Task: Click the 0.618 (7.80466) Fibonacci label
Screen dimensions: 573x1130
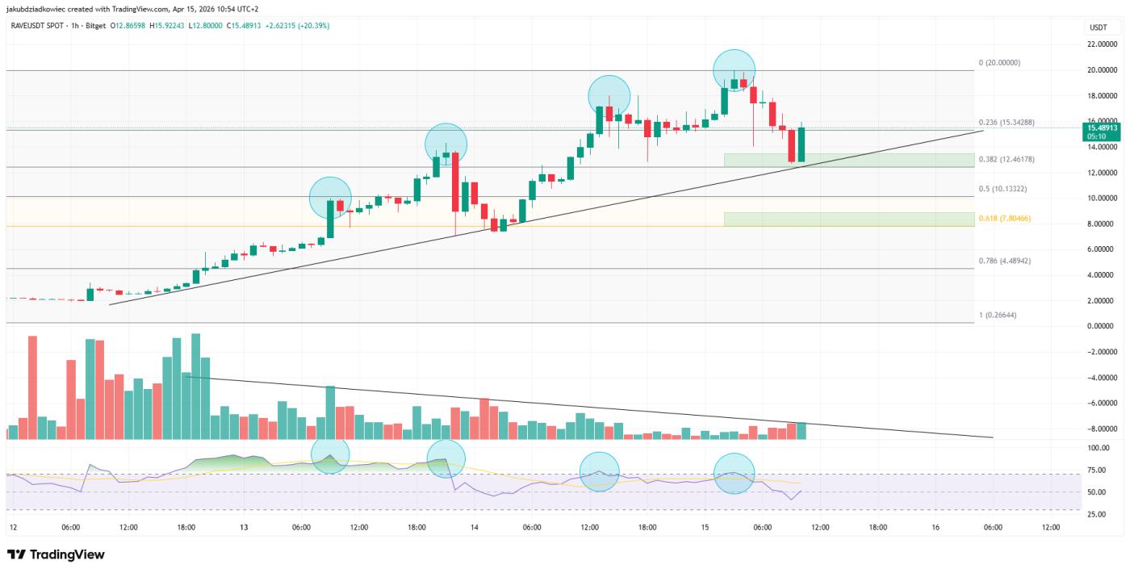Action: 1005,219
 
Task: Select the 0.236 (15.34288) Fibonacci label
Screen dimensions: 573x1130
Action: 1007,122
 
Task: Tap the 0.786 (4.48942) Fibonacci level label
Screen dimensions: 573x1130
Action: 1005,261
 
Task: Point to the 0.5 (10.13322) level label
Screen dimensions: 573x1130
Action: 1002,189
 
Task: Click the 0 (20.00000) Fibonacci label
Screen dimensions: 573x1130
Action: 999,62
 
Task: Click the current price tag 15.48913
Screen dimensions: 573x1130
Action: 1102,128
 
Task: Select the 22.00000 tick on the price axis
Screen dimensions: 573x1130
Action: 1103,44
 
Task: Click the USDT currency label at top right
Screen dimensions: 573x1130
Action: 1098,27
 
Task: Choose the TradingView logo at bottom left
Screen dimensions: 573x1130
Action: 56,555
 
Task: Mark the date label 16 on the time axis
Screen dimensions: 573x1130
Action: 935,528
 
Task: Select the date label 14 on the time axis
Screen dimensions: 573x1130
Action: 474,528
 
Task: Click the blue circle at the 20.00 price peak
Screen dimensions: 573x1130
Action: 734,69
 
